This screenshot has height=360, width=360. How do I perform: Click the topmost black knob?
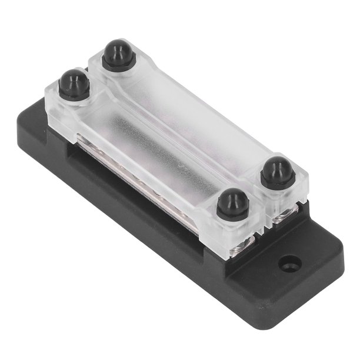pos(118,54)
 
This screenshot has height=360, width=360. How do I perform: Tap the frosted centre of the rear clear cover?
pos(188,118)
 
